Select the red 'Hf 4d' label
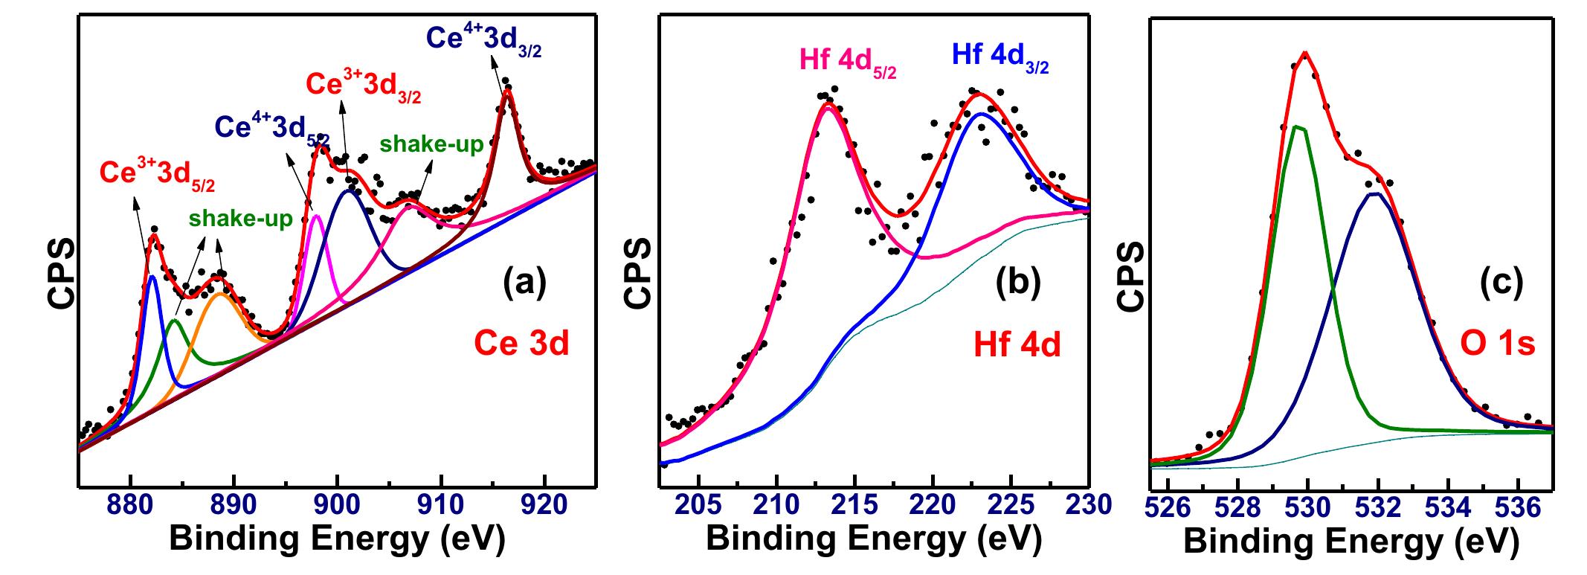(x=1017, y=346)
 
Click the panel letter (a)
(x=524, y=283)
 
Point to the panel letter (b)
(x=1018, y=283)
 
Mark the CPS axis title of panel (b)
(x=638, y=272)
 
